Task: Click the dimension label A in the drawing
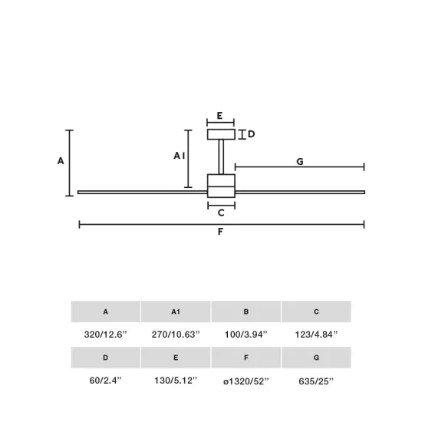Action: point(61,161)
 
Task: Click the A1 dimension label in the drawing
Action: point(179,156)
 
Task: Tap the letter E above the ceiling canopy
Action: point(220,116)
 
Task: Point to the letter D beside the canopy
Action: point(251,134)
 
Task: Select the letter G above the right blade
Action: point(300,161)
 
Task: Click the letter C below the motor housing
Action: point(221,213)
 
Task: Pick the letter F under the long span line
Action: point(221,232)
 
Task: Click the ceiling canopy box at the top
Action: point(221,134)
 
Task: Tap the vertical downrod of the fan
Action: point(221,157)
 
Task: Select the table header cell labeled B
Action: point(246,312)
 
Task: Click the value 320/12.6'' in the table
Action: point(105,335)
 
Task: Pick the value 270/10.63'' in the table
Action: point(175,335)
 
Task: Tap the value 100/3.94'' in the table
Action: point(246,335)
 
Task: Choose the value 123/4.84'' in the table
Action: point(316,335)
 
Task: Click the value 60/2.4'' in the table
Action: point(105,381)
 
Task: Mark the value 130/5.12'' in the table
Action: point(175,381)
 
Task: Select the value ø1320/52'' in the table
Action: point(246,381)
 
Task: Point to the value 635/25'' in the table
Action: point(316,381)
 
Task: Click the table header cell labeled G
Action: point(316,358)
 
